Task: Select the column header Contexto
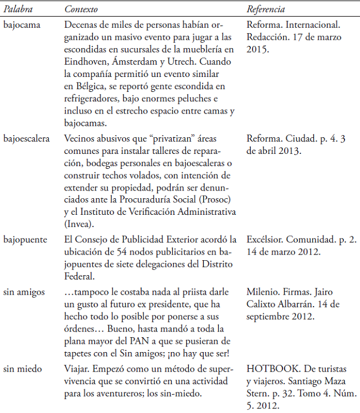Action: (x=80, y=10)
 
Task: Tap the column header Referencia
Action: (x=265, y=10)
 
